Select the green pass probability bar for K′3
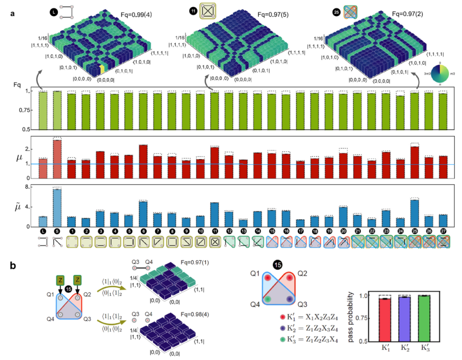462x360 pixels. (424, 318)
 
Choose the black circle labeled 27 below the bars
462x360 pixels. (443, 232)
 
